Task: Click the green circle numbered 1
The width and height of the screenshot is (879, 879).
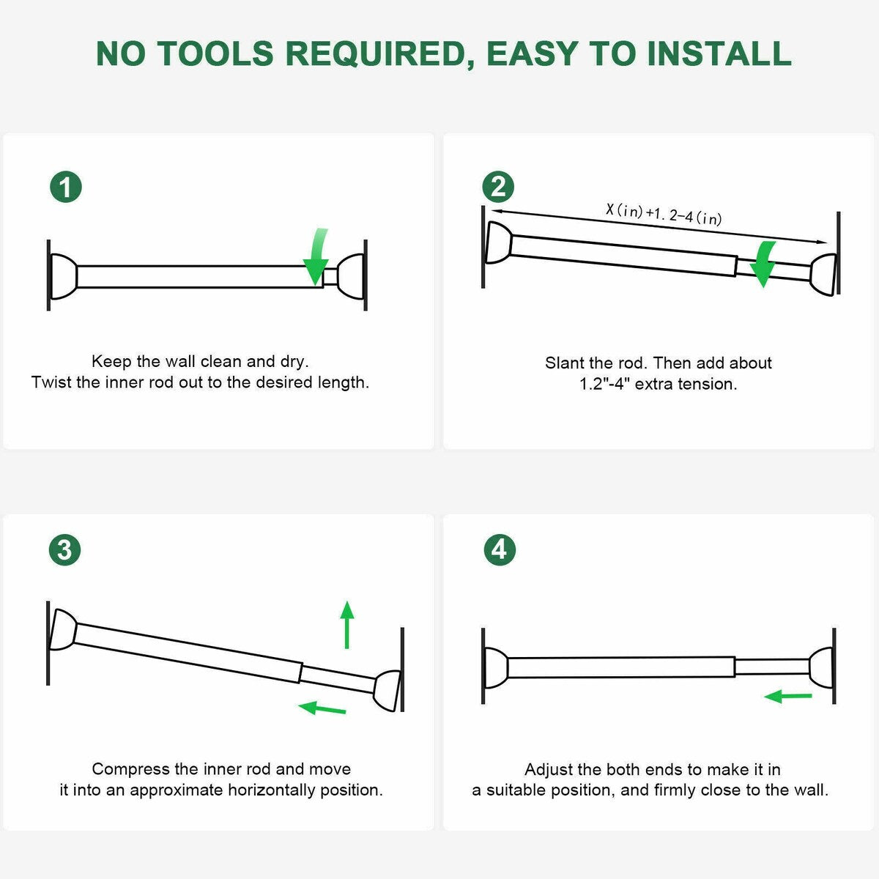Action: [x=66, y=188]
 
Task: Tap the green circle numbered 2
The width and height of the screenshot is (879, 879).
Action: [x=498, y=187]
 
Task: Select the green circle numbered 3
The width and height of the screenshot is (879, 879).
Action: [x=64, y=549]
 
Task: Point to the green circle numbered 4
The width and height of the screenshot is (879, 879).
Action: [x=500, y=549]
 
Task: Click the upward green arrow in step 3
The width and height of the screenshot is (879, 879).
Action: [x=347, y=624]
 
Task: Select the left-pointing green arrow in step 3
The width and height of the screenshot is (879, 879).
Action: [x=322, y=708]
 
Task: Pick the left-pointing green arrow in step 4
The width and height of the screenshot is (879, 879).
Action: [x=788, y=696]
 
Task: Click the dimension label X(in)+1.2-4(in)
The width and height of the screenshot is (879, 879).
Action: [x=664, y=213]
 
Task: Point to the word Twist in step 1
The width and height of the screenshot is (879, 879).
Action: [x=49, y=382]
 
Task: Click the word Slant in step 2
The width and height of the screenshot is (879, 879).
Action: [x=565, y=363]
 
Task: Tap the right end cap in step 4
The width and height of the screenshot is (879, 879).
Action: [x=822, y=667]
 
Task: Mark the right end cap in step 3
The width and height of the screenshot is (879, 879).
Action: [x=387, y=690]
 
